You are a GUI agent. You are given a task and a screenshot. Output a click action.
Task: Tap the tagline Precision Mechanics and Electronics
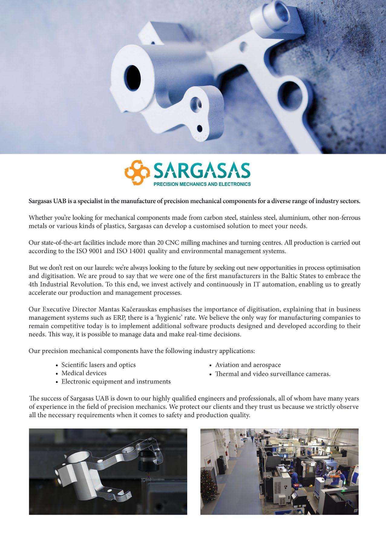point(202,184)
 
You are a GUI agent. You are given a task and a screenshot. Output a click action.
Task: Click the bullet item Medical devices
point(84,373)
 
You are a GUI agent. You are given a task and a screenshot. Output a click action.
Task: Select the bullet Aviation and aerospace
point(248,365)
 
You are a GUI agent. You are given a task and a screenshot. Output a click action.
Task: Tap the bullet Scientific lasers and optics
point(98,365)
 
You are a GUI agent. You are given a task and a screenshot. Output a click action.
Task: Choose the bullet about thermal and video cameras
point(272,374)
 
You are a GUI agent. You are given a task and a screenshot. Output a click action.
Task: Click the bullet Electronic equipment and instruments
point(116,382)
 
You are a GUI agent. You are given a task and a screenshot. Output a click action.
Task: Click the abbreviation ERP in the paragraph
point(116,318)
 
